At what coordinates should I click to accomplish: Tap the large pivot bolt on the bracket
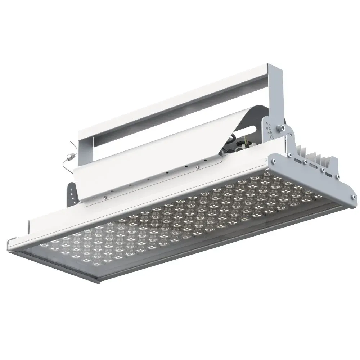click(281, 127)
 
